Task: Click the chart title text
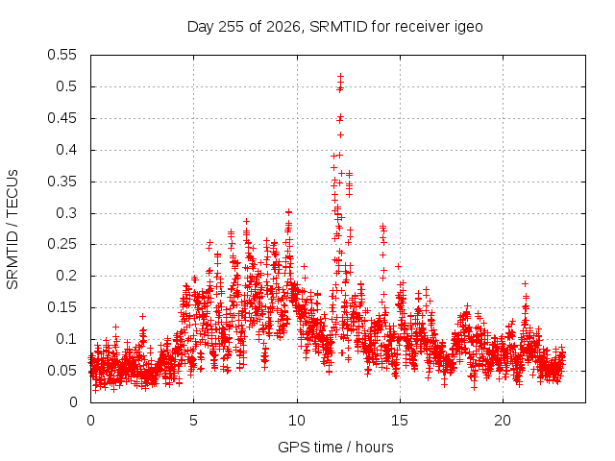coord(335,27)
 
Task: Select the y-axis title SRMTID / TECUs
coord(12,230)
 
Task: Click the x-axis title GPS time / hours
coord(335,447)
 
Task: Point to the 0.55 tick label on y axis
coord(61,55)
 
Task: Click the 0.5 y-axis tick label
coord(66,86)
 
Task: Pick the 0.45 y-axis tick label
coord(61,118)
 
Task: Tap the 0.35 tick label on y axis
coord(61,182)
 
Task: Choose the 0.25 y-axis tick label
coord(61,244)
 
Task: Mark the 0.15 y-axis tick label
coord(61,307)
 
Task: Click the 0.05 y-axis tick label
coord(61,371)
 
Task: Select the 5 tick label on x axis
coord(194,421)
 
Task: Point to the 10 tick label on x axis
coord(297,421)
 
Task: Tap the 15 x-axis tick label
coord(400,421)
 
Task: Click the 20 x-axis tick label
coord(503,421)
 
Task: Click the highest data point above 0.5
coord(340,76)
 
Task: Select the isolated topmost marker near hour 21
coord(526,284)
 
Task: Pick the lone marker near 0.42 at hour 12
coord(340,134)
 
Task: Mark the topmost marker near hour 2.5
coord(143,316)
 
